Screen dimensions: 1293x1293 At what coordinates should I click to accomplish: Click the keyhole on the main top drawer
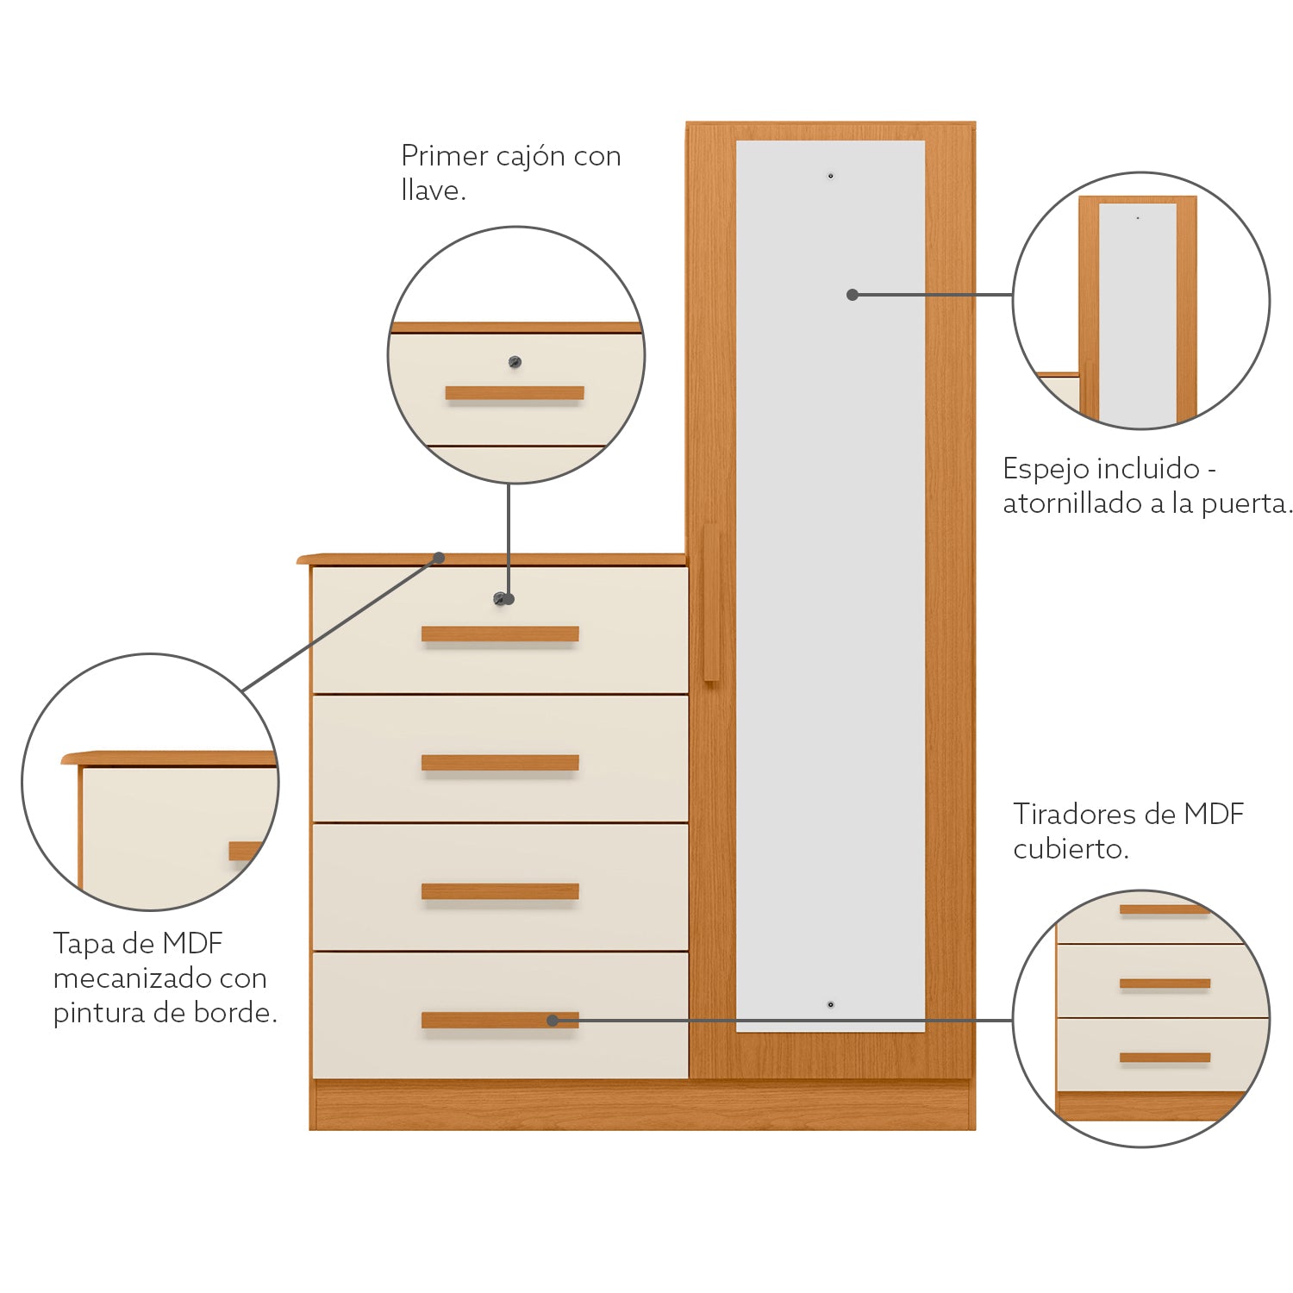[x=499, y=599]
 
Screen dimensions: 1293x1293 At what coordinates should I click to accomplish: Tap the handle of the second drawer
[x=500, y=763]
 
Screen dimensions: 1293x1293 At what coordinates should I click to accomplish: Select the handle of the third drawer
[x=500, y=891]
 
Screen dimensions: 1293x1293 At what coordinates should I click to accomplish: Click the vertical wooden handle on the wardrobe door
[x=711, y=603]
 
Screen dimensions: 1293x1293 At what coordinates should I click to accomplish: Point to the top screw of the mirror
[x=831, y=176]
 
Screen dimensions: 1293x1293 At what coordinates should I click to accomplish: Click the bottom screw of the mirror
[x=831, y=1005]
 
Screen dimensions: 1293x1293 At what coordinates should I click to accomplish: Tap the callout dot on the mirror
[x=853, y=295]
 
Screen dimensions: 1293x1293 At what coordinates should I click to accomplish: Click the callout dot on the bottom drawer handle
[x=553, y=1021]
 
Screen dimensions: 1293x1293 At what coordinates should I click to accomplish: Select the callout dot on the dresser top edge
[x=439, y=558]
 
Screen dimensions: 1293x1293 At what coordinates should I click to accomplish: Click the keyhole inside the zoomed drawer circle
[x=515, y=362]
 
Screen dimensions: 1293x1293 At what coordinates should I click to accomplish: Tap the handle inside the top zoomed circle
[x=515, y=393]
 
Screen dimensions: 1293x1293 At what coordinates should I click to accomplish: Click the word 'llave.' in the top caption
[x=434, y=191]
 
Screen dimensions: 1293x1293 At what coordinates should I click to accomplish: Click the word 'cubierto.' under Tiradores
[x=1071, y=849]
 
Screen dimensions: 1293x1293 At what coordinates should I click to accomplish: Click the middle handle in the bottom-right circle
[x=1165, y=984]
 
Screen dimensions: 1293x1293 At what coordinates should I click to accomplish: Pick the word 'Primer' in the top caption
[x=440, y=156]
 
